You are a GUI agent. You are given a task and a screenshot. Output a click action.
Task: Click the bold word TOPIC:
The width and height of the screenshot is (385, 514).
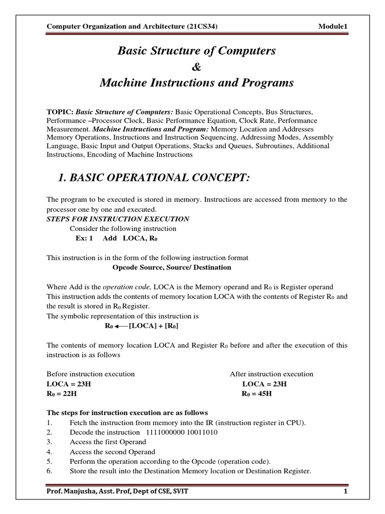coord(60,111)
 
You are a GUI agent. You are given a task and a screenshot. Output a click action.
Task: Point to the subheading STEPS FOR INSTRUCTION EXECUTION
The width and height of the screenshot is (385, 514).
coord(118,219)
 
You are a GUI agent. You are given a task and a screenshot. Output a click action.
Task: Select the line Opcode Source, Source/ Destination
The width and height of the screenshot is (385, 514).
coord(172,268)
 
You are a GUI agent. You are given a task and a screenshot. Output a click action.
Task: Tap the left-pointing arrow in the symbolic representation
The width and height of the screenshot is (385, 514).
coord(121,326)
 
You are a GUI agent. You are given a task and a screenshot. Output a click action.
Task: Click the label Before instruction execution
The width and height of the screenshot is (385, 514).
coord(91,374)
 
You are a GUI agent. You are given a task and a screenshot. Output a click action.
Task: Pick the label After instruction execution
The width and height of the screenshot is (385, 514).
coord(271,374)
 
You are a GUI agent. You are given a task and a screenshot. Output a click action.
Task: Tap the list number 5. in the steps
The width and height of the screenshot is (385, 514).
coord(50,461)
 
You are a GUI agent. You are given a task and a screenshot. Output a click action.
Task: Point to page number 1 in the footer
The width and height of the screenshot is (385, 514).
coord(345,491)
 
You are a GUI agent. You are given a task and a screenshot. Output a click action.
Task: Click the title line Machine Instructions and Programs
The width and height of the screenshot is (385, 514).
coord(196,83)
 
